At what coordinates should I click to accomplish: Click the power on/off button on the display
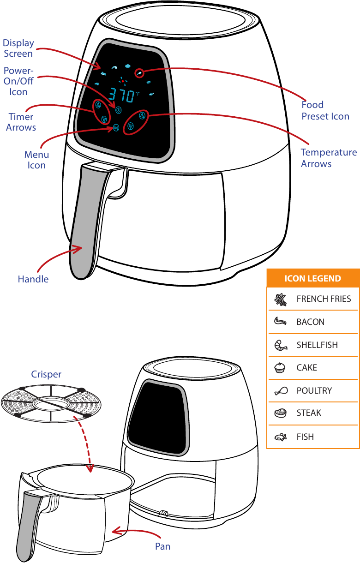point(119,110)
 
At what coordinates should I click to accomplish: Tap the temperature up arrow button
point(142,115)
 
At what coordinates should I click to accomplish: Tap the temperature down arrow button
point(131,126)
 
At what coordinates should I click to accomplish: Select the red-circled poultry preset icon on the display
point(139,73)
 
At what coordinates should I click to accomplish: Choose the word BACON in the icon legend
point(310,322)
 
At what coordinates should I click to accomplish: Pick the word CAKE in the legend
point(306,368)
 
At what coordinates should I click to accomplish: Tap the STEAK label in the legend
point(309,413)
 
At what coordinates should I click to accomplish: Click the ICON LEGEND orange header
point(312,278)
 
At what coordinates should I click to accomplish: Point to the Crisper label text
point(46,374)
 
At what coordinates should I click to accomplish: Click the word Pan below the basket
point(162,546)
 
